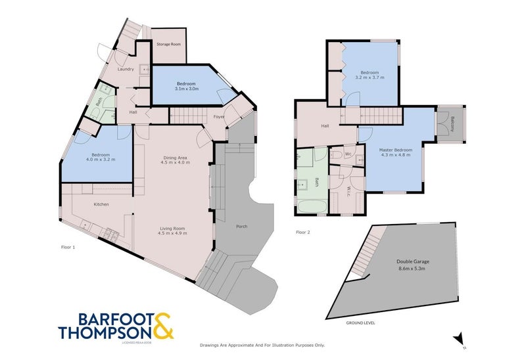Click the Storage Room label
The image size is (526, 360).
[x=168, y=44]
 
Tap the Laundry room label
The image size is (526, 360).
[x=126, y=69]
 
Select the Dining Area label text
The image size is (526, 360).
[x=176, y=156]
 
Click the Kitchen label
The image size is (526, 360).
[x=101, y=205]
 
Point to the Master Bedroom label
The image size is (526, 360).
[x=394, y=150]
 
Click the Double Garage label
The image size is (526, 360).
[x=412, y=261]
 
